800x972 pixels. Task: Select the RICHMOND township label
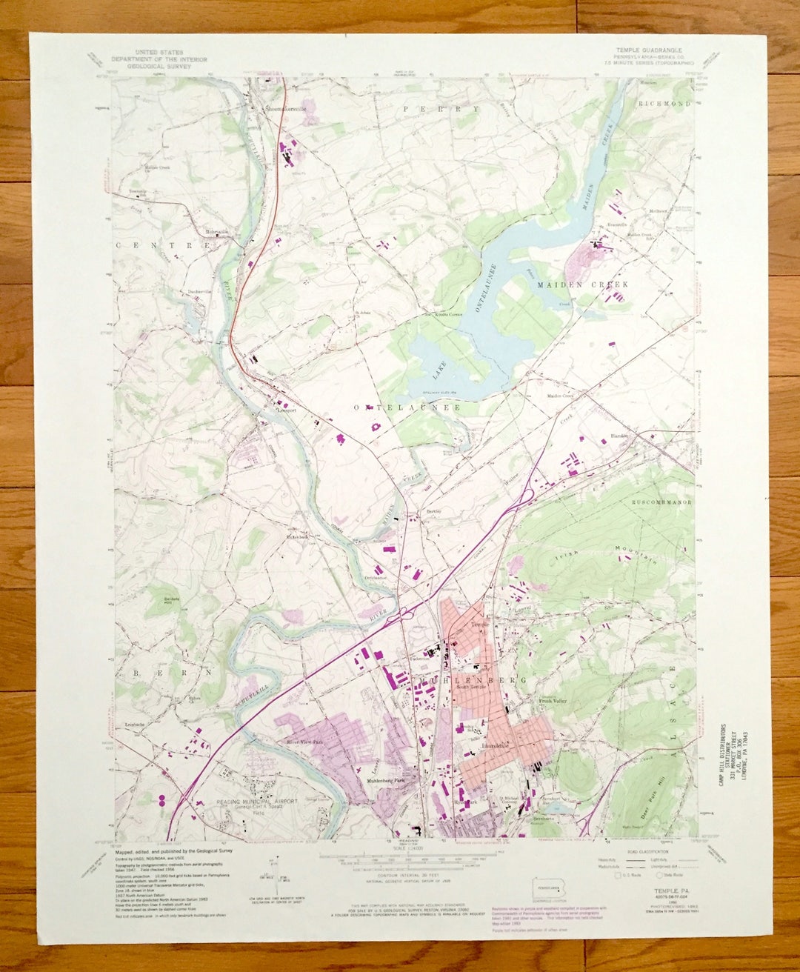[664, 104]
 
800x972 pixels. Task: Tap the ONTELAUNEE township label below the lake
[407, 407]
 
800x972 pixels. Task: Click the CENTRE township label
[164, 244]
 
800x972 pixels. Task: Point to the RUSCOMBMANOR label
[661, 502]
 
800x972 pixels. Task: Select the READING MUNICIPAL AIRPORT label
[256, 801]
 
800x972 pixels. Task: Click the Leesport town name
[286, 409]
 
